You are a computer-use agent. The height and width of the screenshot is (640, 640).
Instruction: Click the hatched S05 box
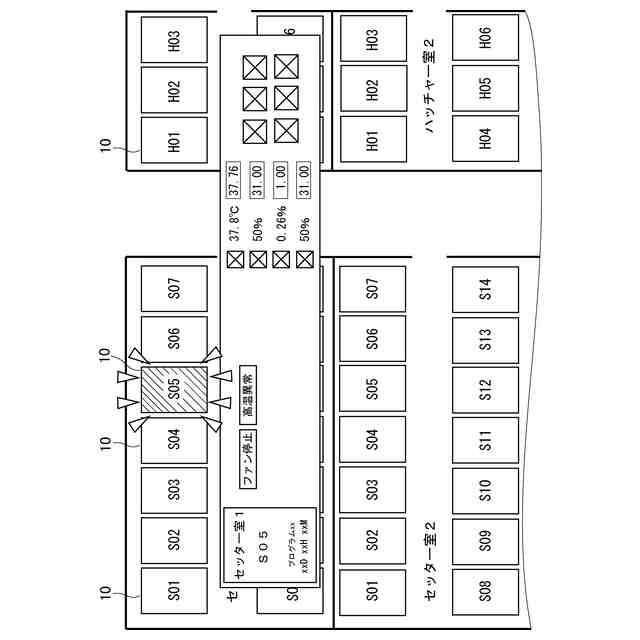(x=174, y=390)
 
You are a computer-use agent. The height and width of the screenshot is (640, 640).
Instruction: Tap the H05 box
(x=485, y=89)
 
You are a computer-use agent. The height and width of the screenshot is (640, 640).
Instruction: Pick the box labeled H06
(x=485, y=39)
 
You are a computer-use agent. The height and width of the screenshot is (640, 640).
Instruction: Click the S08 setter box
(x=485, y=590)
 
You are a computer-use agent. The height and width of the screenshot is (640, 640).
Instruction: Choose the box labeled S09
(x=485, y=540)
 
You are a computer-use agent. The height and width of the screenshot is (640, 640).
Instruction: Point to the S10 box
(x=485, y=490)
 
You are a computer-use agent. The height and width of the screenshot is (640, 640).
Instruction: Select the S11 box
(x=485, y=440)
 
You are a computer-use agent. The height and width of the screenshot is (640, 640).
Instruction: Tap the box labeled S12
(x=485, y=390)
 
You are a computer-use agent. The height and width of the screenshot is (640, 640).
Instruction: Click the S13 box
(x=485, y=340)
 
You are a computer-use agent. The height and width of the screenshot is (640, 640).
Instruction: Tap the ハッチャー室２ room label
(x=429, y=87)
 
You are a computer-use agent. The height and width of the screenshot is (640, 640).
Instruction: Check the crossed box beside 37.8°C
(x=235, y=259)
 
